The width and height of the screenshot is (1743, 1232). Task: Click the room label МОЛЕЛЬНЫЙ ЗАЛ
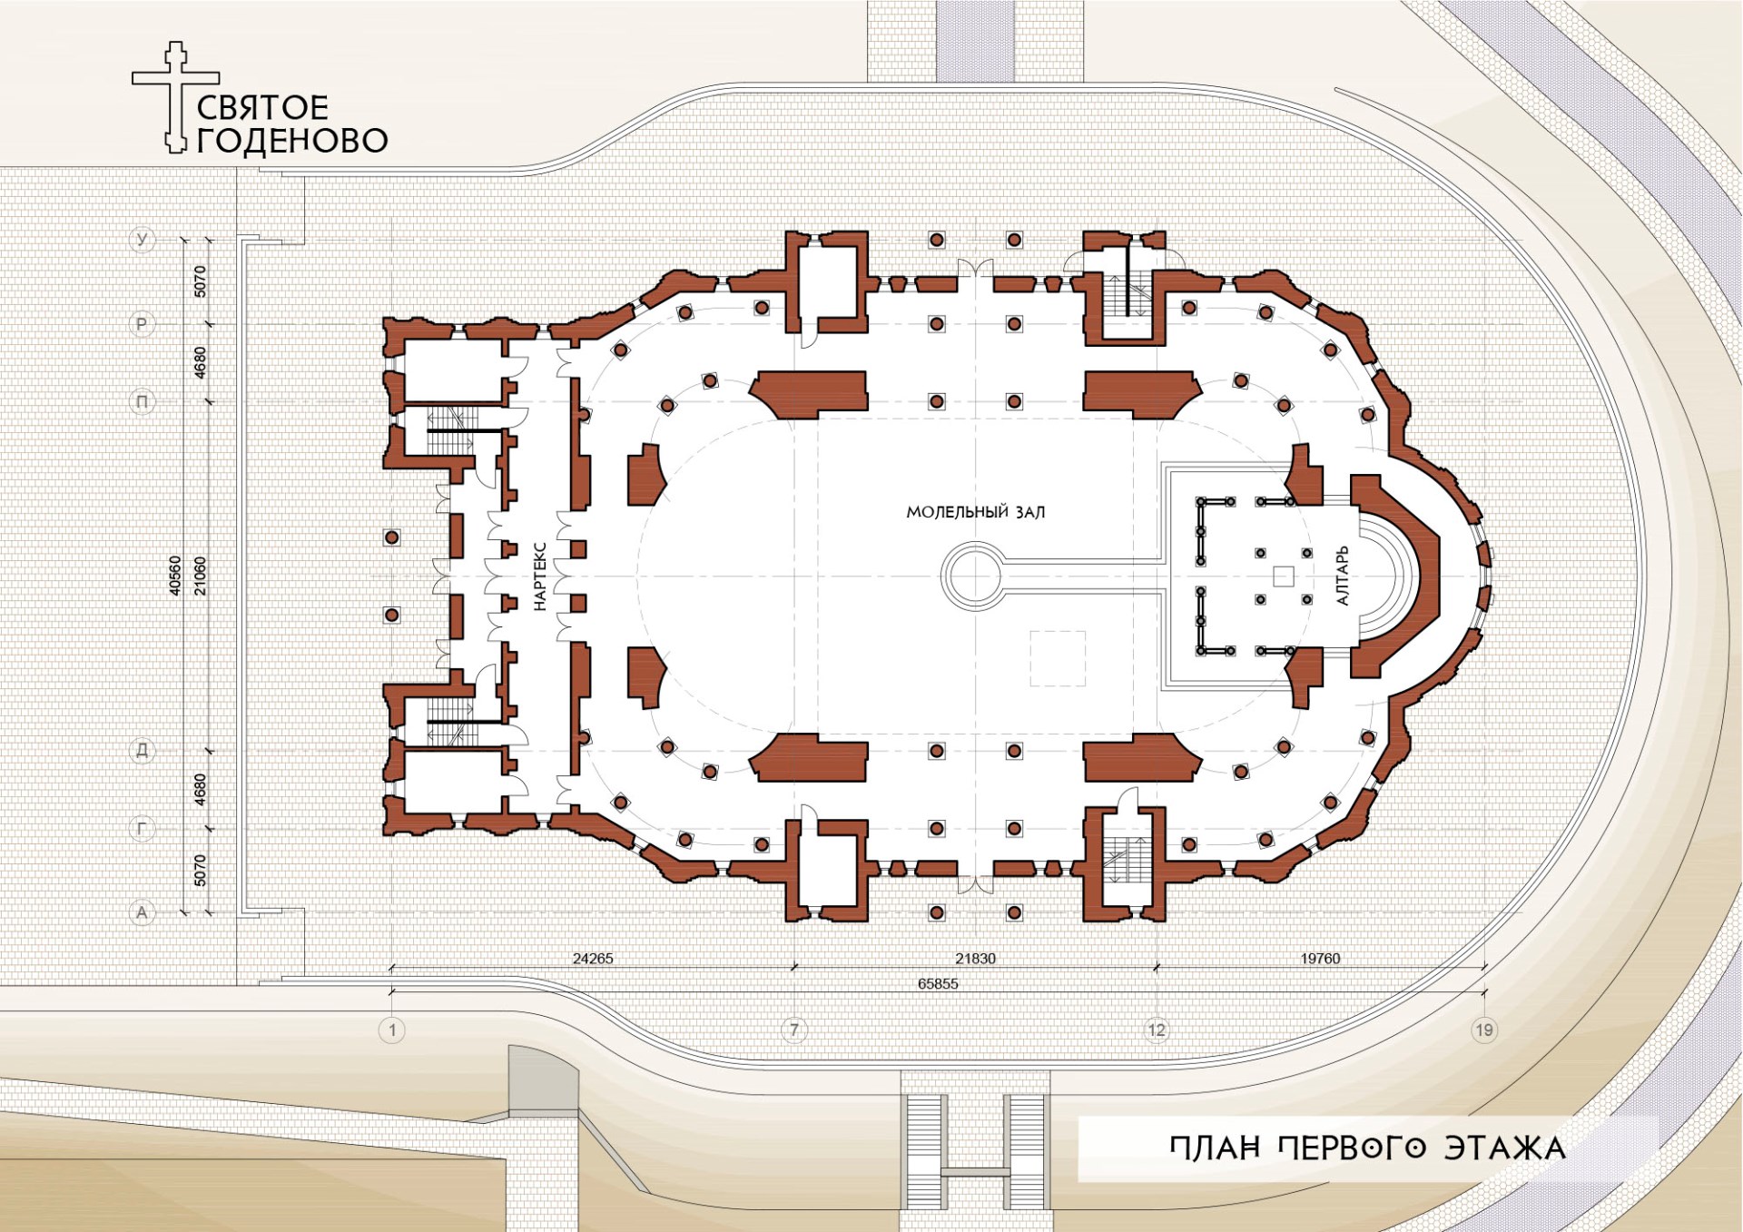pyautogui.click(x=975, y=512)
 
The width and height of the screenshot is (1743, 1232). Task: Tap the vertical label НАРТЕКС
pyautogui.click(x=539, y=577)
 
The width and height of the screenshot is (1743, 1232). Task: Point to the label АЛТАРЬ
pyautogui.click(x=1343, y=576)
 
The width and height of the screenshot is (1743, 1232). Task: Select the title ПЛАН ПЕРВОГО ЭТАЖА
pyautogui.click(x=1367, y=1148)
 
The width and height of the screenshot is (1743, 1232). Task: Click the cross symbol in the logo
pyautogui.click(x=175, y=96)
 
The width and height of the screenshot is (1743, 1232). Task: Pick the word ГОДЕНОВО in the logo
pyautogui.click(x=292, y=141)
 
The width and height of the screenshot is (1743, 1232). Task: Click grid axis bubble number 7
pyautogui.click(x=794, y=1030)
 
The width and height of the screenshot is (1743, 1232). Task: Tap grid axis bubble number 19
pyautogui.click(x=1484, y=1030)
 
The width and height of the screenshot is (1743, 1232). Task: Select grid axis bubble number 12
pyautogui.click(x=1157, y=1030)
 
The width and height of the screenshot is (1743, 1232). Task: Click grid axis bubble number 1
pyautogui.click(x=392, y=1030)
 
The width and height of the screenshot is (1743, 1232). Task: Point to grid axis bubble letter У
pyautogui.click(x=142, y=240)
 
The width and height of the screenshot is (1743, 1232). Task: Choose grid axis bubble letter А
pyautogui.click(x=142, y=912)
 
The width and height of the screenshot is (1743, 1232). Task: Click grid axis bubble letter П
pyautogui.click(x=142, y=401)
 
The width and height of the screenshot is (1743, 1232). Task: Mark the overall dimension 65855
pyautogui.click(x=938, y=983)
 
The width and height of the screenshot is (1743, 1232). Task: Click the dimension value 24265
pyautogui.click(x=593, y=958)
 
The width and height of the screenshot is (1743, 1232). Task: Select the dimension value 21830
pyautogui.click(x=975, y=958)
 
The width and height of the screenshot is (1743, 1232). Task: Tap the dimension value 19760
pyautogui.click(x=1320, y=958)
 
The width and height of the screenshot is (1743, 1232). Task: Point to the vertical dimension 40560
pyautogui.click(x=175, y=576)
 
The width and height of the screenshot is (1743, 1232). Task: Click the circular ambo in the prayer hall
pyautogui.click(x=971, y=576)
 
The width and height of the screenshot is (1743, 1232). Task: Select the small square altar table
pyautogui.click(x=1283, y=576)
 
